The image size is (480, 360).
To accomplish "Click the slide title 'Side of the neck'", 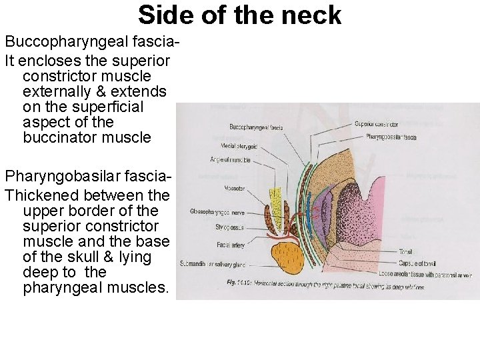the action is (x=239, y=15).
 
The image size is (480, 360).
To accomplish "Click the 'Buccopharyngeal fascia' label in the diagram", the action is (x=256, y=127).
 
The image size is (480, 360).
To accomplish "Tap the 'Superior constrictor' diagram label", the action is (x=376, y=124).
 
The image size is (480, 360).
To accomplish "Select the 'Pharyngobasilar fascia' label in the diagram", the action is (x=391, y=137).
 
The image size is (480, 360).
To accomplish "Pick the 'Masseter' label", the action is (x=235, y=189).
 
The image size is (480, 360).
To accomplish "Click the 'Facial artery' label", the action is (x=231, y=245).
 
